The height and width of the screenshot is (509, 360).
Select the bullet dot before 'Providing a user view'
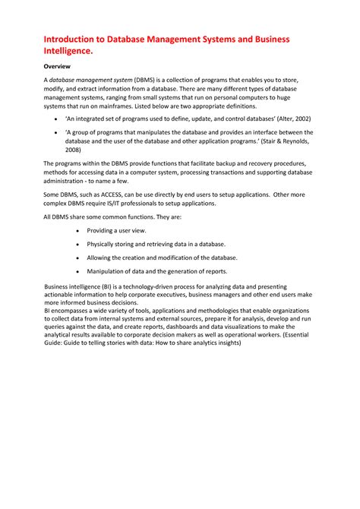pyautogui.click(x=77, y=230)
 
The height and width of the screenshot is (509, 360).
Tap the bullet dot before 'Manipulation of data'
pyautogui.click(x=77, y=271)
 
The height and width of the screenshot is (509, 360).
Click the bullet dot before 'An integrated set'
pyautogui.click(x=58, y=120)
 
